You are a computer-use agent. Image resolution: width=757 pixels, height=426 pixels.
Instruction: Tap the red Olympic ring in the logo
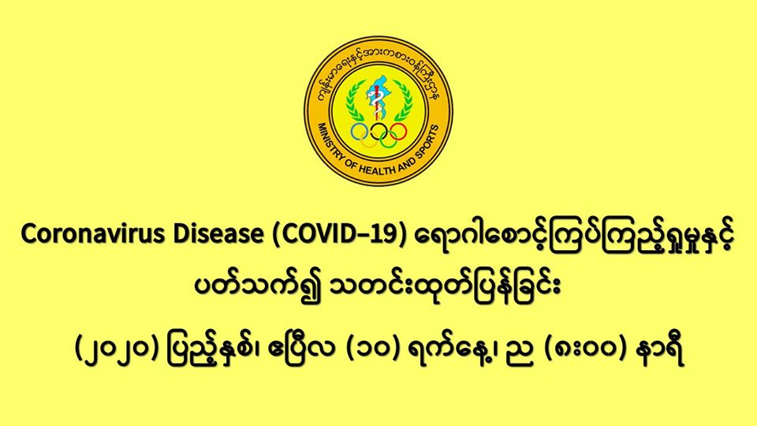pyautogui.click(x=397, y=131)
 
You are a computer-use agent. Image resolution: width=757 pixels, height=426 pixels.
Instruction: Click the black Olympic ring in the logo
pyautogui.click(x=378, y=131)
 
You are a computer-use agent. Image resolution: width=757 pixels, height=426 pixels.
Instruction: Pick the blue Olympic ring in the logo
pyautogui.click(x=360, y=131)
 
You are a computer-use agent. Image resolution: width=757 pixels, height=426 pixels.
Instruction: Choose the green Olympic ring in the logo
pyautogui.click(x=388, y=139)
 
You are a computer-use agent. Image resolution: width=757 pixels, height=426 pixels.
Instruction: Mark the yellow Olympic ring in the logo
pyautogui.click(x=369, y=139)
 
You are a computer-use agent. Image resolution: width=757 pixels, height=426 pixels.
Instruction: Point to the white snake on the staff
pyautogui.click(x=377, y=100)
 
